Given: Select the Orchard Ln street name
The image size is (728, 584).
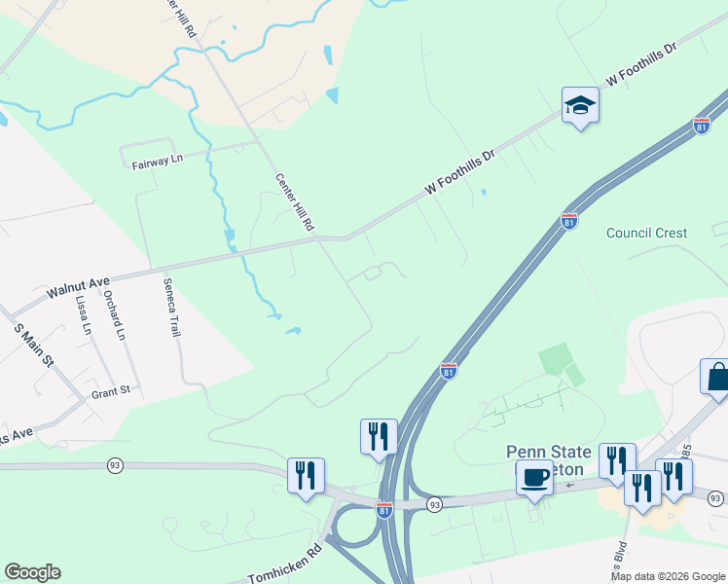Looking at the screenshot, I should click(122, 315).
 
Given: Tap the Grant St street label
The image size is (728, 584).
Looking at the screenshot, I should click(110, 391).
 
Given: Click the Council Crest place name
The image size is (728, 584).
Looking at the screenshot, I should click(646, 233).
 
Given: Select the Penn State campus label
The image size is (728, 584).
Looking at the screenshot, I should click(548, 453).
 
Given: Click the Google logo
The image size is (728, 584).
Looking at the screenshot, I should click(32, 572).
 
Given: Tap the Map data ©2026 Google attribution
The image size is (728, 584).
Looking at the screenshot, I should click(668, 576).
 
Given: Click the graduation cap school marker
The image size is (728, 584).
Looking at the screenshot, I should click(580, 106).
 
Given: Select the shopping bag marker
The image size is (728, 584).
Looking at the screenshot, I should click(716, 378).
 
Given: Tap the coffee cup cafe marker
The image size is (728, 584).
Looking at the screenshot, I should click(533, 478).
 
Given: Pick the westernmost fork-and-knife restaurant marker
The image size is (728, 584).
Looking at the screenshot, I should click(306, 475).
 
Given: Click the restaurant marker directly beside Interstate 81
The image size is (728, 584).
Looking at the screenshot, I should click(379, 436).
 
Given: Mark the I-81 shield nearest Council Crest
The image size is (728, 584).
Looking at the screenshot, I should click(570, 221).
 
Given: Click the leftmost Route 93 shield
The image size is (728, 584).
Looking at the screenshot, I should click(115, 466).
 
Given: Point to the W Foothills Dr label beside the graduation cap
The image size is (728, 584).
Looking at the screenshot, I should click(640, 63).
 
